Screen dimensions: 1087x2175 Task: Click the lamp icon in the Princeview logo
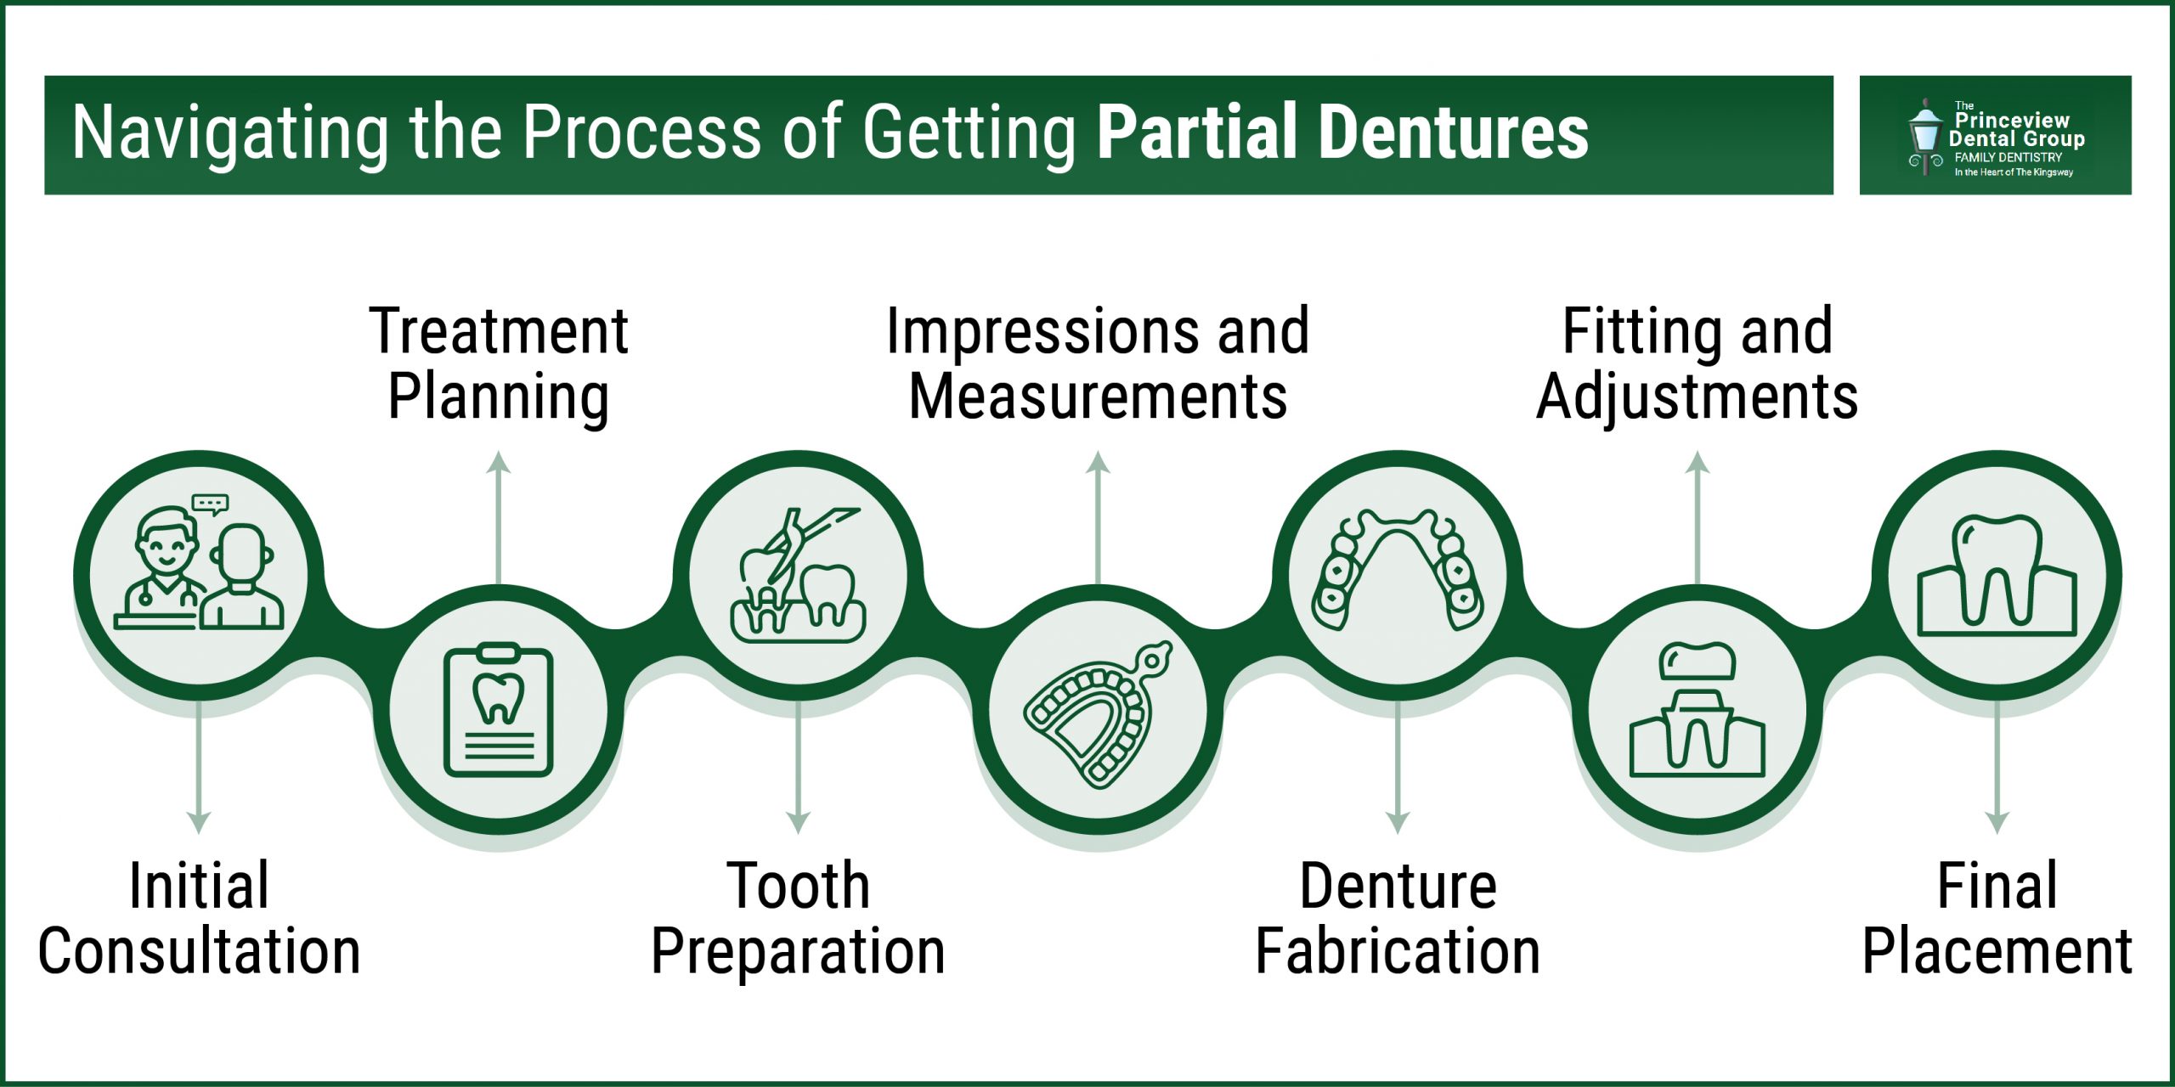point(1925,136)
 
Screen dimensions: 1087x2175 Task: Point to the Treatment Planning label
point(499,363)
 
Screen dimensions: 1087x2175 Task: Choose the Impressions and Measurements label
point(1098,363)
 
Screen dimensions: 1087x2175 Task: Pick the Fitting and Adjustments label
point(1698,363)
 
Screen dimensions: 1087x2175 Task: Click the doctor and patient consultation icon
point(199,569)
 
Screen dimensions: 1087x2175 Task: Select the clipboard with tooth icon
point(499,710)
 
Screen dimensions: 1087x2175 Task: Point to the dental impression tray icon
point(1098,713)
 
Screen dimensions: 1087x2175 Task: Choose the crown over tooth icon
point(1698,710)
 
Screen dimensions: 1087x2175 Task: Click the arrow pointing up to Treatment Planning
point(499,518)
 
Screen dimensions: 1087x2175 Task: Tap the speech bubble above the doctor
point(210,504)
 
